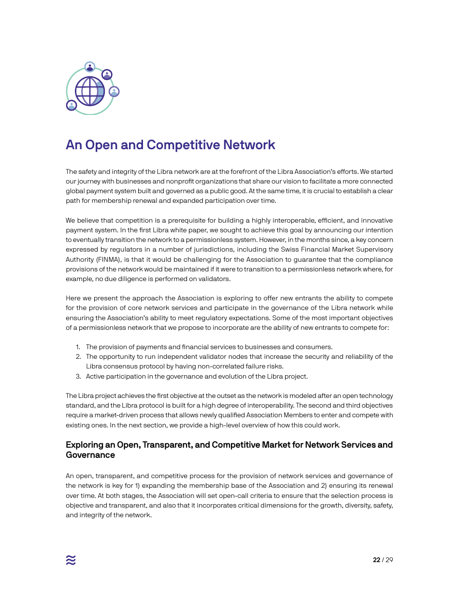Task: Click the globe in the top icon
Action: pyautogui.click(x=90, y=91)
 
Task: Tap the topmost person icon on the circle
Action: pyautogui.click(x=90, y=67)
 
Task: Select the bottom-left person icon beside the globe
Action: pyautogui.click(x=72, y=105)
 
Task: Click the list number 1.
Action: pyautogui.click(x=78, y=347)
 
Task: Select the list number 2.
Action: pyautogui.click(x=78, y=356)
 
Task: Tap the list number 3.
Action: pyautogui.click(x=78, y=376)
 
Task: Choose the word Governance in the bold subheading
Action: pyautogui.click(x=90, y=455)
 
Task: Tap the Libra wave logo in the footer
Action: pyautogui.click(x=71, y=560)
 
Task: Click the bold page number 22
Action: pyautogui.click(x=376, y=560)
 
